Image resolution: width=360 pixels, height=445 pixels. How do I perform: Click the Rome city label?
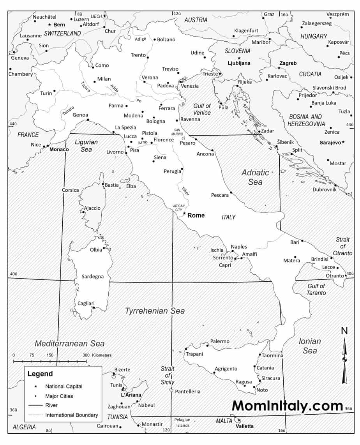pyautogui.click(x=196, y=215)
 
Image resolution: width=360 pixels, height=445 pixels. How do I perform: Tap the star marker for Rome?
pyautogui.click(x=184, y=213)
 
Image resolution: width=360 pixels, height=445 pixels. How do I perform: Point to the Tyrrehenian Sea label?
pyautogui.click(x=155, y=311)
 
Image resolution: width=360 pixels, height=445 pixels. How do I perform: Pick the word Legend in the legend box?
pyautogui.click(x=40, y=374)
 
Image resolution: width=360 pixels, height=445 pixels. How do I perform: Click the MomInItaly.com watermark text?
pyautogui.click(x=287, y=406)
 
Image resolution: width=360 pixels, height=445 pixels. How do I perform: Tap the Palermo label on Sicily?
pyautogui.click(x=220, y=341)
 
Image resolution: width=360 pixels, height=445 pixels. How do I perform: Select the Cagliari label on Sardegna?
pyautogui.click(x=86, y=304)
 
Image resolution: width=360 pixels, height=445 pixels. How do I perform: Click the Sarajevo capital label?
pyautogui.click(x=330, y=143)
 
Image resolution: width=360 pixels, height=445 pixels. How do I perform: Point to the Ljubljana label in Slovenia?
pyautogui.click(x=239, y=63)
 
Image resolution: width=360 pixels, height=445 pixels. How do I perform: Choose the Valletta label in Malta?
pyautogui.click(x=244, y=426)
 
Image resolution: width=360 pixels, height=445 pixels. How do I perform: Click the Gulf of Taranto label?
pyautogui.click(x=316, y=290)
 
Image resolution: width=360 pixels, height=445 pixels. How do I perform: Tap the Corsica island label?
pyautogui.click(x=71, y=190)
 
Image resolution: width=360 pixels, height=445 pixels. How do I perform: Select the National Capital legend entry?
pyautogui.click(x=64, y=387)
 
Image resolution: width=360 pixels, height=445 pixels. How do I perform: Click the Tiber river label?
pyautogui.click(x=185, y=191)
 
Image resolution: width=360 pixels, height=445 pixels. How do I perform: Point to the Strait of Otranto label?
pyautogui.click(x=342, y=246)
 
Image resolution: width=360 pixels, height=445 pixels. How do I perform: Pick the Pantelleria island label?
pyautogui.click(x=188, y=391)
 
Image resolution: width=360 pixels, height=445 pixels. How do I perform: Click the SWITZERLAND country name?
pyautogui.click(x=62, y=34)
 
